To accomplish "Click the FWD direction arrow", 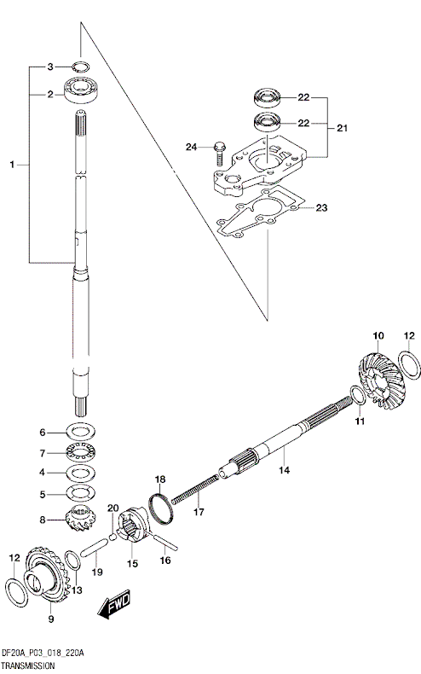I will [113, 607].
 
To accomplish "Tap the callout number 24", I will [192, 147].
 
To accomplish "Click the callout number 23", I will [321, 207].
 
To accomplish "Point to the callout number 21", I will [342, 128].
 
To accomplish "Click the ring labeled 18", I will [162, 506].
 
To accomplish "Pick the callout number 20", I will [110, 509].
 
